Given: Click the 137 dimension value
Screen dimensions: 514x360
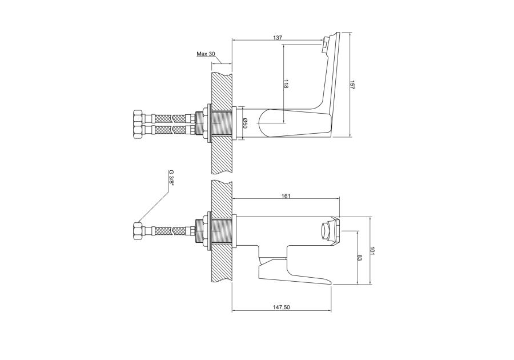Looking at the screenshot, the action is tap(278, 38).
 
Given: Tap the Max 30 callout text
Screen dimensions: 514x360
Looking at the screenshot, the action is tap(206, 54).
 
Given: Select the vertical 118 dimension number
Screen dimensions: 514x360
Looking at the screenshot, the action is tap(286, 85).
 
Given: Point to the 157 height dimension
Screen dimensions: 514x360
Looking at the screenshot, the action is tap(353, 85).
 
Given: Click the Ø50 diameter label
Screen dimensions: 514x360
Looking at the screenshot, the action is tap(245, 123).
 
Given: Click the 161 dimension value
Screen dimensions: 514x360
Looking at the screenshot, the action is tap(286, 196).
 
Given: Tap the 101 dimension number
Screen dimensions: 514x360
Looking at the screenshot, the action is tap(372, 251).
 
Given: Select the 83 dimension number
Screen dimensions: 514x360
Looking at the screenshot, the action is tap(359, 258).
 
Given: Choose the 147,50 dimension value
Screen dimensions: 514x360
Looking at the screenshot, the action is tap(281, 307).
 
